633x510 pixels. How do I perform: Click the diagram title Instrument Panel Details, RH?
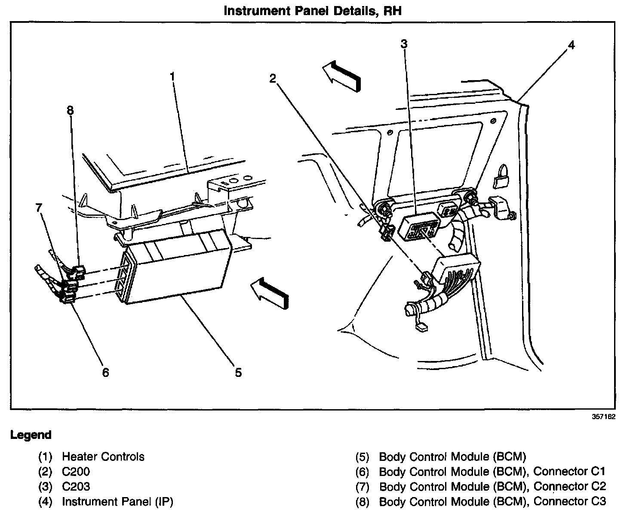313,10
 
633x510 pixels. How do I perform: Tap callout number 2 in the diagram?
273,78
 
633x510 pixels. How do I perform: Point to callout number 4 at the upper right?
571,45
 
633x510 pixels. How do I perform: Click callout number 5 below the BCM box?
238,372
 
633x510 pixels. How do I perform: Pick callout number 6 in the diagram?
105,372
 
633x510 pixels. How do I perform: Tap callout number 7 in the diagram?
39,208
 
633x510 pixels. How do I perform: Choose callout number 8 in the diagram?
70,111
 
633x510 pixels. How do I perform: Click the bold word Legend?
31,435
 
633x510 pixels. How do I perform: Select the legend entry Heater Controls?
103,457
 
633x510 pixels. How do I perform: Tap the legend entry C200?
76,472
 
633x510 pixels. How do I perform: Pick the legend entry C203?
76,487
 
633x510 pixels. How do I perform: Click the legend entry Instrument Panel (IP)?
117,502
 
